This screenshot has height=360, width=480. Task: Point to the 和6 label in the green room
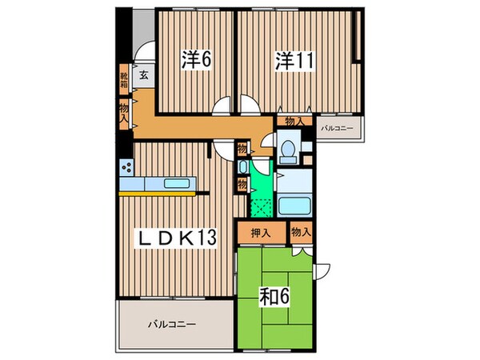click(x=273, y=297)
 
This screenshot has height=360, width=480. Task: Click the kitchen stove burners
click(x=127, y=167)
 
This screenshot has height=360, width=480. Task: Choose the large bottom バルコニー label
click(x=172, y=324)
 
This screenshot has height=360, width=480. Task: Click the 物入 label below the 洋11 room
click(x=294, y=122)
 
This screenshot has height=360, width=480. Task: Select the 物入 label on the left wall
click(x=124, y=111)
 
